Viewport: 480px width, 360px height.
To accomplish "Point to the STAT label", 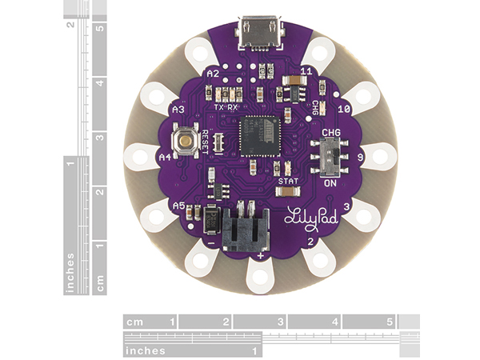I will pos(287,182).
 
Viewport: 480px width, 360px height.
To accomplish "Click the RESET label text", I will pos(206,139).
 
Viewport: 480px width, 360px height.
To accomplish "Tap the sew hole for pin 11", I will pos(319,54).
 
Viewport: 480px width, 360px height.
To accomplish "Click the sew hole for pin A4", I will pos(141,154).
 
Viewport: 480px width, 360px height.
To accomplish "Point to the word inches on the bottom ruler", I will pos(146,350).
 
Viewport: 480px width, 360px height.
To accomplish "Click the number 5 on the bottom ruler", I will pos(390,322).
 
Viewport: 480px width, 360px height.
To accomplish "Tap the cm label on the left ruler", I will pos(100,282).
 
